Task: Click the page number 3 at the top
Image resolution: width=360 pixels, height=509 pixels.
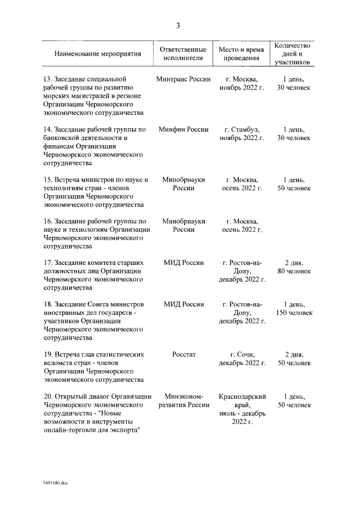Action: tap(178, 25)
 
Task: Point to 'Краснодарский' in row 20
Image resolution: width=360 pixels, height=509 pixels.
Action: tap(241, 397)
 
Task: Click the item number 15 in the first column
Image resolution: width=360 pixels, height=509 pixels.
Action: tap(47, 180)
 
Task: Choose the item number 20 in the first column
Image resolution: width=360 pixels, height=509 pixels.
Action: tap(47, 397)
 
